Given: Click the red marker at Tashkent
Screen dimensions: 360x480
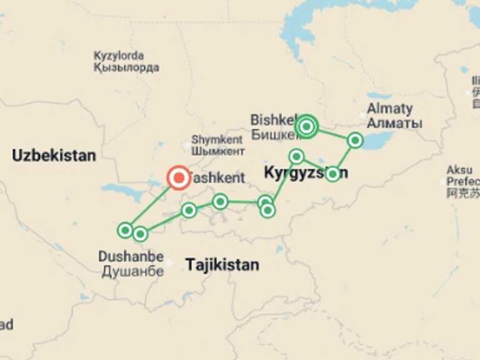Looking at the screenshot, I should tap(179, 178).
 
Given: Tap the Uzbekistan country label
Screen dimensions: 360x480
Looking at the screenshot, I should tap(54, 156).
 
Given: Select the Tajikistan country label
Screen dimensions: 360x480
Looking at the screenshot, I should tap(222, 264).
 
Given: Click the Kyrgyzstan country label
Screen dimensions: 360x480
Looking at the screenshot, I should tap(306, 173).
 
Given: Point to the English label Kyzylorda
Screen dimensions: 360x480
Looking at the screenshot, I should tap(119, 56).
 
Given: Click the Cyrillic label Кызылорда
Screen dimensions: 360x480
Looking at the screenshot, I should tap(126, 67).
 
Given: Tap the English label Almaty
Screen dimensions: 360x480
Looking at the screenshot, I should tap(390, 108).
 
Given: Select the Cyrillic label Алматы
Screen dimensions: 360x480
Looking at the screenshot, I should tap(394, 123).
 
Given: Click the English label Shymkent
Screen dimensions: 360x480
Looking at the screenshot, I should tap(217, 139).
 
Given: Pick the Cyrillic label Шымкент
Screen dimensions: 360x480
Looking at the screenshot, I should tap(217, 151).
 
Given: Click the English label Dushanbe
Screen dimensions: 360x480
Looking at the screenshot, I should tap(131, 256).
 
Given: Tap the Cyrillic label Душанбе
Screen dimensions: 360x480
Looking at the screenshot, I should tap(132, 271).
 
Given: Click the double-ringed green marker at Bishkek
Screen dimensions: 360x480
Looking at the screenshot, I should tap(306, 127).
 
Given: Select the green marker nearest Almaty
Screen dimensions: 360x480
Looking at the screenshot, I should tap(355, 140).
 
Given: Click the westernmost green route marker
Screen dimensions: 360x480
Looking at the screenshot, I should tap(125, 230).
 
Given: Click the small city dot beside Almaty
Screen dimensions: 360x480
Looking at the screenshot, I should tap(363, 116).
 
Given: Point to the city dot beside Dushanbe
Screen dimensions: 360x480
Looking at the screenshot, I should tap(169, 262).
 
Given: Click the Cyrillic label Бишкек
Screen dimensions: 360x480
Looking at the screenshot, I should tap(273, 134).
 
